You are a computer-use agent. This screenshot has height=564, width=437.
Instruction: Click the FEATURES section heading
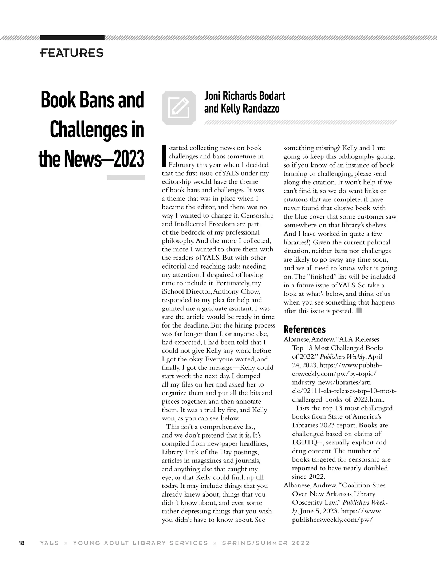click(72, 53)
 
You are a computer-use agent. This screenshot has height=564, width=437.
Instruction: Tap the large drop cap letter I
click(164, 156)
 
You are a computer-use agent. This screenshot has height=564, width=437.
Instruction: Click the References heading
click(304, 329)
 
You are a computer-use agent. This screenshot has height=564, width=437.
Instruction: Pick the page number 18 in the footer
click(21, 543)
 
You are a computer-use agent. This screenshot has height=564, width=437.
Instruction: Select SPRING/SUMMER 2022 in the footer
click(266, 543)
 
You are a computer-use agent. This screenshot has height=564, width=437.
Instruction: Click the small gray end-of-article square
click(359, 310)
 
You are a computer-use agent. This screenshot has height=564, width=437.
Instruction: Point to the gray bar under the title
click(126, 178)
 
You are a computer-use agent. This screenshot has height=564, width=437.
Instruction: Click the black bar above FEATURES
click(72, 38)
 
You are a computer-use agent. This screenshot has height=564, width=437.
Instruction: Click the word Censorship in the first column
click(257, 215)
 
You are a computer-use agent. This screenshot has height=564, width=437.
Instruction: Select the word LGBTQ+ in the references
click(308, 442)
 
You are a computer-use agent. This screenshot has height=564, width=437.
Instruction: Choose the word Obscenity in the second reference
click(308, 503)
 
